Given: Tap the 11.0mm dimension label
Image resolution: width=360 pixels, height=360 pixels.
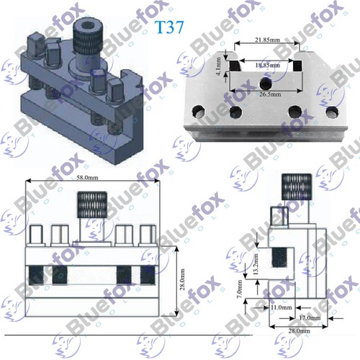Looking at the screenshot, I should (282, 307).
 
